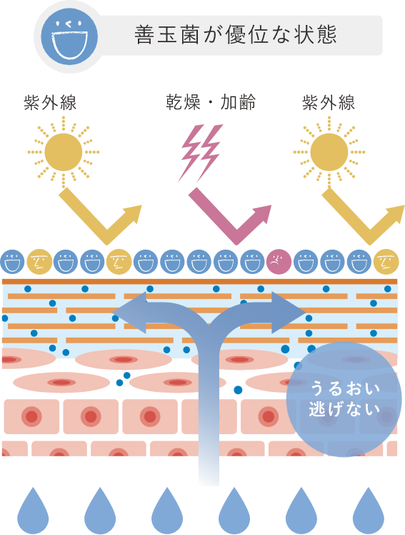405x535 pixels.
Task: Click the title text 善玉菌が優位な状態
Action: coord(236,35)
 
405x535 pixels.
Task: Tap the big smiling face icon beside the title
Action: coord(69,36)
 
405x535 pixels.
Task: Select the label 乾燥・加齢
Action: coord(211,102)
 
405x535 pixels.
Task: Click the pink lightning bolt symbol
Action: coord(201,152)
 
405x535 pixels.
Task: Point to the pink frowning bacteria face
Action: coord(279,262)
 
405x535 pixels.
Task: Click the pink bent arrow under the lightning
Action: coord(236,235)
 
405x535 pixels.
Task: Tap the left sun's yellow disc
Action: coord(64,152)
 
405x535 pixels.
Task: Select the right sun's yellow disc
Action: coord(329,152)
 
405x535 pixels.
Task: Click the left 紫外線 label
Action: coord(50,102)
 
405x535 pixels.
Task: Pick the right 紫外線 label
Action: coord(329,102)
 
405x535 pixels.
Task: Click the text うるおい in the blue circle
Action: coord(345,388)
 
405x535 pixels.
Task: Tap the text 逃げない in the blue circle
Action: coord(344,408)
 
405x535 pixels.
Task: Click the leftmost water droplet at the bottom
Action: coord(33,511)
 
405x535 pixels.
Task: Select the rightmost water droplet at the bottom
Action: coord(368,511)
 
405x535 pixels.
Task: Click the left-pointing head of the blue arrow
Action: coord(129,312)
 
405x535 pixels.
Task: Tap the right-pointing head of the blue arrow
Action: coord(288,312)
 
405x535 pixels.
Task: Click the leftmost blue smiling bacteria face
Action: coord(13,262)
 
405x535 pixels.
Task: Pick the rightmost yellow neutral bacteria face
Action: coord(386,262)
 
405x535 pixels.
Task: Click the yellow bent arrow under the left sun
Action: coord(106,235)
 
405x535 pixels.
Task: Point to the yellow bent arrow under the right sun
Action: coord(369,235)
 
